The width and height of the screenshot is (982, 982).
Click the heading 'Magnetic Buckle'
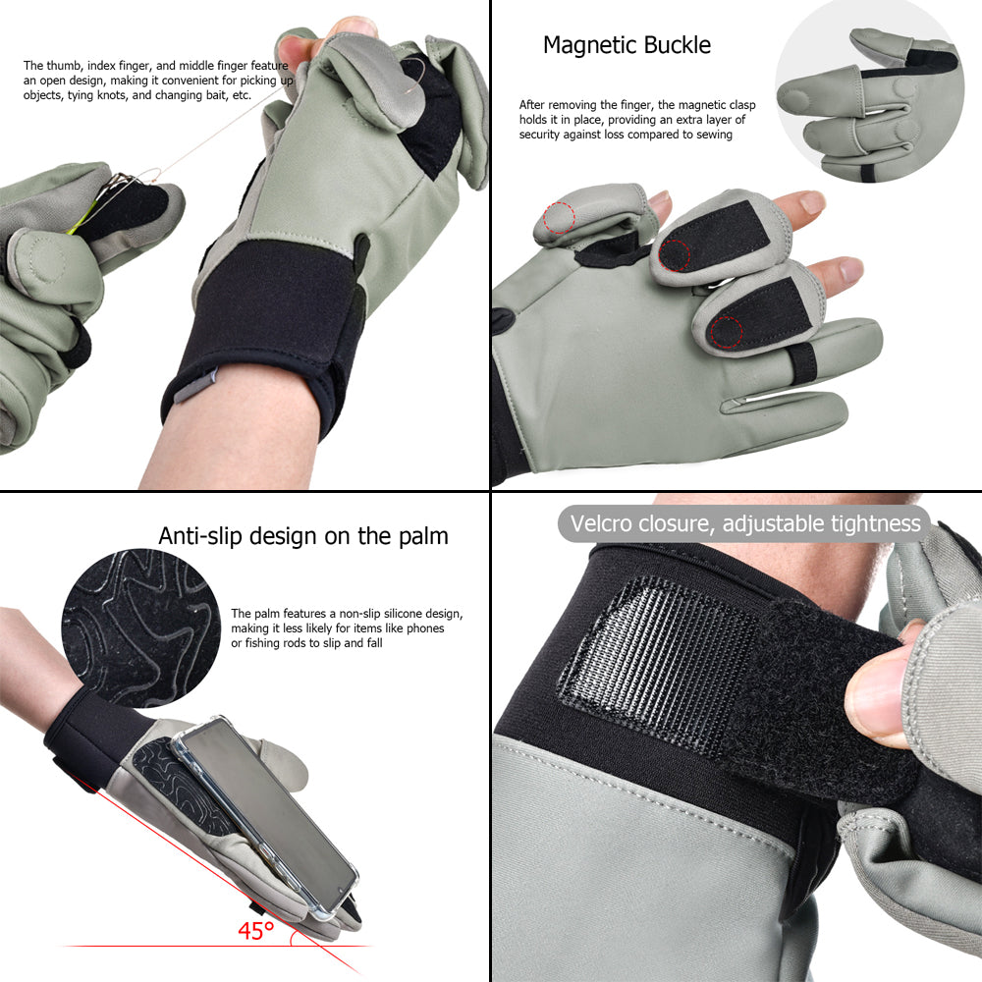click(627, 46)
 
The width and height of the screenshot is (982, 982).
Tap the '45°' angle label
click(255, 931)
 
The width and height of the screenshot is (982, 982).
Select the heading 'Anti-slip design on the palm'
click(303, 536)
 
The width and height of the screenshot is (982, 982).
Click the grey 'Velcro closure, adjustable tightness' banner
click(744, 523)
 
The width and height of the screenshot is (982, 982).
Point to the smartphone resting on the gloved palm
click(266, 814)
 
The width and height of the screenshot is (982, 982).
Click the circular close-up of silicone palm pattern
click(140, 628)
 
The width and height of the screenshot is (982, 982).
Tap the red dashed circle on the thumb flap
click(559, 218)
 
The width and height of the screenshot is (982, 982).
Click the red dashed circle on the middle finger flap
click(726, 332)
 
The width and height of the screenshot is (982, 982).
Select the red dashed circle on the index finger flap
click(674, 255)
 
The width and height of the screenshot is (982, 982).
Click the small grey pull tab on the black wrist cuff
click(194, 385)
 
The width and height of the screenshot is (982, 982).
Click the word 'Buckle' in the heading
click(677, 46)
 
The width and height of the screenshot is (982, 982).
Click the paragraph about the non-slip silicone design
click(347, 628)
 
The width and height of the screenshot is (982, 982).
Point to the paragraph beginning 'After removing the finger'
click(637, 120)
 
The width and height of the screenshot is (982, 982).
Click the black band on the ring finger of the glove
click(802, 363)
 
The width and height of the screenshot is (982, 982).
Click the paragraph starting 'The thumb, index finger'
click(158, 81)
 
